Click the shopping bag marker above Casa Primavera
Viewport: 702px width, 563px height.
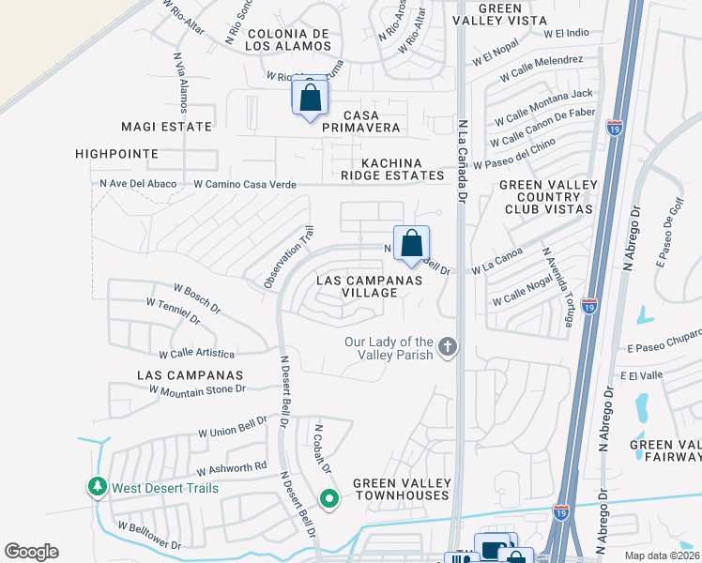[x=310, y=98]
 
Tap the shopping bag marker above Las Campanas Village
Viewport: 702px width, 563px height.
[x=411, y=244]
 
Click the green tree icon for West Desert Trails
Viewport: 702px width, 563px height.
[x=97, y=487]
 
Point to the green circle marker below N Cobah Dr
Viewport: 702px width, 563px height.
[x=328, y=498]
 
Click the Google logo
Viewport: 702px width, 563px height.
[x=31, y=552]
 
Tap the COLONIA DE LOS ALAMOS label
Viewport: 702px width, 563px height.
[x=289, y=38]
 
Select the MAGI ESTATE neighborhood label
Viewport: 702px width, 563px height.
[x=167, y=126]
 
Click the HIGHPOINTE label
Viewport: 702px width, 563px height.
[x=118, y=153]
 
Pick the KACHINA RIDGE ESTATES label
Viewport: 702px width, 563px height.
[x=392, y=169]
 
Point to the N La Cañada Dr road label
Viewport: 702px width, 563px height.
[x=462, y=160]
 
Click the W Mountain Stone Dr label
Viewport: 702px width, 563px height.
[x=202, y=388]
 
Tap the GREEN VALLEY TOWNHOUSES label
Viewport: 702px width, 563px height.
[x=403, y=490]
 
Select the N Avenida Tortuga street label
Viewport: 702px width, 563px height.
[x=557, y=288]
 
